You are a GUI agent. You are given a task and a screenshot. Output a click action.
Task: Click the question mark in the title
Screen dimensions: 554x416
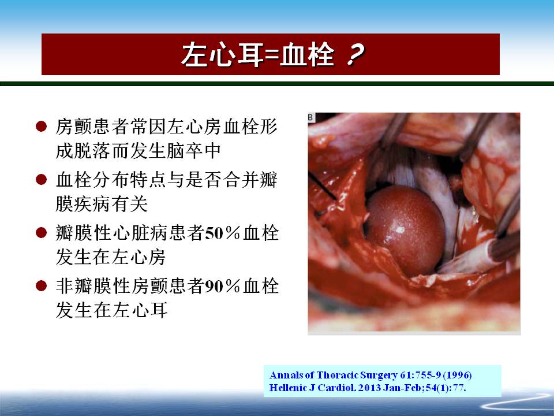pyautogui.click(x=355, y=55)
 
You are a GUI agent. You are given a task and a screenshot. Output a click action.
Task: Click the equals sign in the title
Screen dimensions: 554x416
pyautogui.click(x=272, y=56)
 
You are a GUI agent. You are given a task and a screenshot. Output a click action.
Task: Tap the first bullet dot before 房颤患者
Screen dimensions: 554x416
pyautogui.click(x=42, y=127)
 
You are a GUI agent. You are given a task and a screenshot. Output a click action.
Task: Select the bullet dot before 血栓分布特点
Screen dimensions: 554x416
pyautogui.click(x=42, y=179)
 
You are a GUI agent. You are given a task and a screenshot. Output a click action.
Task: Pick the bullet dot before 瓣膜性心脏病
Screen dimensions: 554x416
pyautogui.click(x=42, y=232)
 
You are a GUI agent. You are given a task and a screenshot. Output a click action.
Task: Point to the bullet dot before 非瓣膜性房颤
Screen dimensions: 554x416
pyautogui.click(x=42, y=285)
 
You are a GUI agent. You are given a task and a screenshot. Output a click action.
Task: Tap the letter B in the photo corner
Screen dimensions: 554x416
pyautogui.click(x=311, y=117)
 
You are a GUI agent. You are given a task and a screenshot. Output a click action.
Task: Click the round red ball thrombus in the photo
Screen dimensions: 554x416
pyautogui.click(x=405, y=231)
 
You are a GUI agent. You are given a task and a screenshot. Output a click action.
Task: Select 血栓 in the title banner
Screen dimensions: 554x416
pyautogui.click(x=307, y=55)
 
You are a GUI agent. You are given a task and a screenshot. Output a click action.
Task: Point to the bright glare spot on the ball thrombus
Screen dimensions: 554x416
pyautogui.click(x=400, y=230)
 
